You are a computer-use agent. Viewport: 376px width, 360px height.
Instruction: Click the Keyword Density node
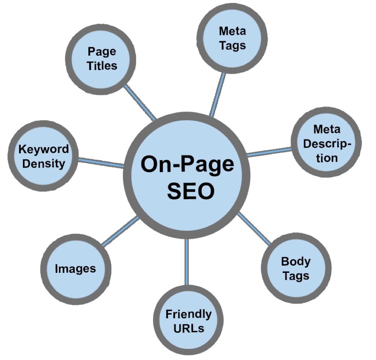point(44,156)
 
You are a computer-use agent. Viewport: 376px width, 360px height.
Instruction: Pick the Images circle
point(75,269)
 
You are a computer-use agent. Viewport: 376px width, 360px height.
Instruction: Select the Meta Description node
point(326,143)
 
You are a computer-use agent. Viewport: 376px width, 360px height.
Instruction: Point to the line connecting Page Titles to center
point(140,103)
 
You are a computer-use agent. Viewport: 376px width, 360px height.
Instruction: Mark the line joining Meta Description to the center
point(269,152)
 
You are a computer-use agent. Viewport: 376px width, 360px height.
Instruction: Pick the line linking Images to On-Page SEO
point(120,231)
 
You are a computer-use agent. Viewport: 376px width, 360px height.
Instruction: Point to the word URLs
point(189,328)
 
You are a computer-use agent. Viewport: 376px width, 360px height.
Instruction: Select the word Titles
point(102,65)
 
